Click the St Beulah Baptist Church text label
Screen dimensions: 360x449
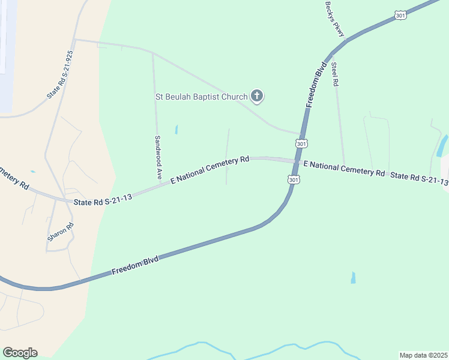pos(201,97)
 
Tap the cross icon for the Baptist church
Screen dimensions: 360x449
pos(257,96)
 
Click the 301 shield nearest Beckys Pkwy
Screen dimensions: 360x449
pos(400,16)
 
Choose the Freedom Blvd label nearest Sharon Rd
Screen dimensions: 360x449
pos(135,267)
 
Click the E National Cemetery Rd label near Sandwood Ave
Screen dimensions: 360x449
pos(210,170)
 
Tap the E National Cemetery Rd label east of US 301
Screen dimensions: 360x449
pos(344,168)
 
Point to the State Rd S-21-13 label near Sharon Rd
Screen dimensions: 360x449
pos(103,200)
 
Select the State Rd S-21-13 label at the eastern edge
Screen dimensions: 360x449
pos(419,179)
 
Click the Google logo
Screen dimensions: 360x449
pos(20,352)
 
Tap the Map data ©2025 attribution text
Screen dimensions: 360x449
pos(423,355)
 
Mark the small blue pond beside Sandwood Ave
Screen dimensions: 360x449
pos(176,129)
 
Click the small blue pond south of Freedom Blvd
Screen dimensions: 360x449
pos(353,278)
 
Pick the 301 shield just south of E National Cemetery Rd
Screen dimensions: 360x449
pos(294,179)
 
